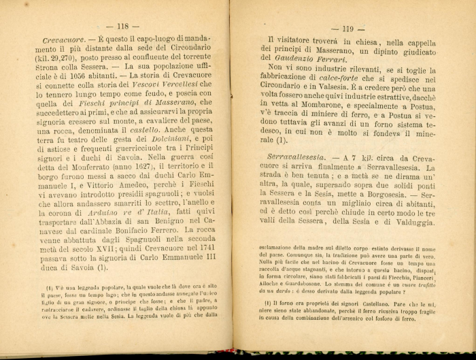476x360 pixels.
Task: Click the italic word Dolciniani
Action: click(160, 141)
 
